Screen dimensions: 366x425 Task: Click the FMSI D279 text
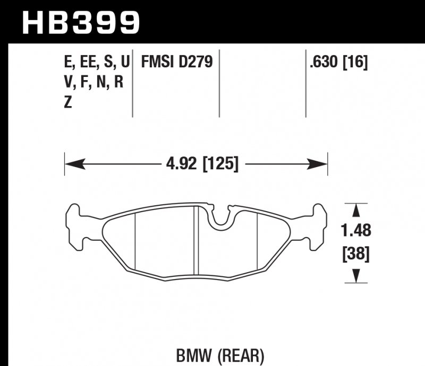(x=176, y=63)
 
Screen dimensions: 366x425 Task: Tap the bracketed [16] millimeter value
(x=356, y=63)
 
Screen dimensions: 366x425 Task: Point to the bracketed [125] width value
(x=219, y=163)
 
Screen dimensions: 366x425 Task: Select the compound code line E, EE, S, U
(x=96, y=63)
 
